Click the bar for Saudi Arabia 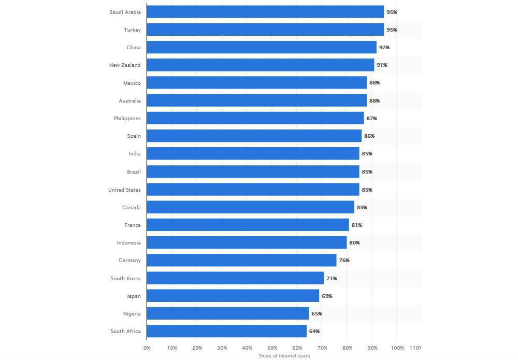[x=265, y=12]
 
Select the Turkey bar [x=265, y=30]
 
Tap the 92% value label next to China [x=384, y=47]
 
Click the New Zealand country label [x=124, y=65]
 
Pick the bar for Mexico [x=256, y=83]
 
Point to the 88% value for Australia [x=375, y=100]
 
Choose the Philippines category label [x=127, y=119]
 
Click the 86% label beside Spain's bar [x=369, y=136]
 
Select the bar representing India [x=253, y=154]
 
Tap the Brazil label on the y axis [x=134, y=171]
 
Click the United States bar [x=253, y=190]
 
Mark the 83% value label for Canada [x=362, y=207]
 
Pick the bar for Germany [x=241, y=261]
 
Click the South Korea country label [x=125, y=279]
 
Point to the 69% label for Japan [x=327, y=296]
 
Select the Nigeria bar [x=228, y=314]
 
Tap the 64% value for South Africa [x=314, y=332]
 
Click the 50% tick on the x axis [x=272, y=348]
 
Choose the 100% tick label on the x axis [x=397, y=348]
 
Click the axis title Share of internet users [x=284, y=355]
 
